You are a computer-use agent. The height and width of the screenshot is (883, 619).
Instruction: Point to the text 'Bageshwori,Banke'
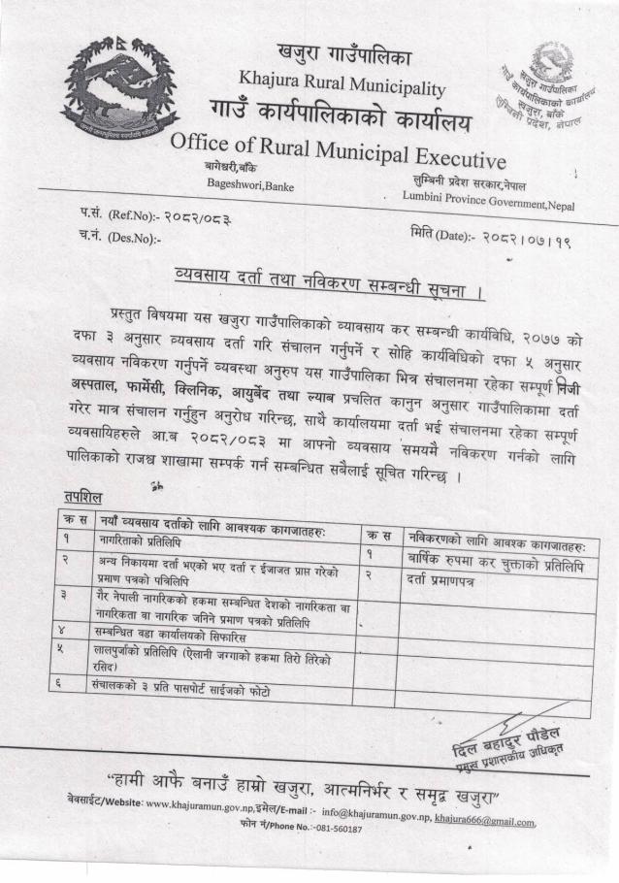click(250, 184)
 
